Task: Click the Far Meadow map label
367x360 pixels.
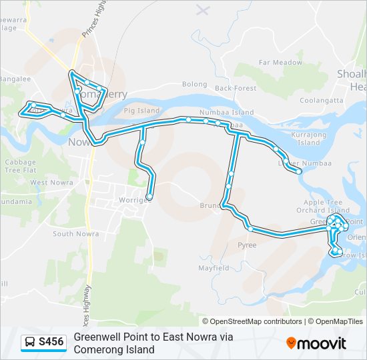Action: (x=280, y=62)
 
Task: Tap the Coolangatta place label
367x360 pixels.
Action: (x=321, y=100)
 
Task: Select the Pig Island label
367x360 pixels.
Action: (x=141, y=110)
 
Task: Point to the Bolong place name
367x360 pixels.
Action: (x=195, y=85)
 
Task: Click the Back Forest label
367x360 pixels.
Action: (x=236, y=88)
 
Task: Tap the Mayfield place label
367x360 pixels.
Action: (x=214, y=268)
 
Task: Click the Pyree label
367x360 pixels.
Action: (x=247, y=245)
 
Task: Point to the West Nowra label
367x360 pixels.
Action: (x=47, y=182)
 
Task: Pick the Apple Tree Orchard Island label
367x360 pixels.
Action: (x=322, y=206)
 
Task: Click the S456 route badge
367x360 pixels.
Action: (x=51, y=343)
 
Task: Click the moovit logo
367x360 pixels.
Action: (x=316, y=343)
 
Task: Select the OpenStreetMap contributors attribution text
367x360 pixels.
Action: (x=256, y=321)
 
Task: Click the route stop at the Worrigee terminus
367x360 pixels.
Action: (x=149, y=197)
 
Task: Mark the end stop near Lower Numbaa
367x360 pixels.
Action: (x=299, y=171)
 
